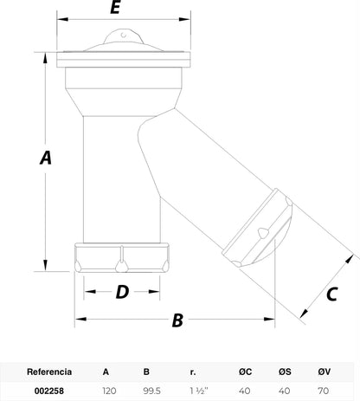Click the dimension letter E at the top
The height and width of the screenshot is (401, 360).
pos(115,7)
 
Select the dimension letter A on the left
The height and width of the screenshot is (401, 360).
pos(46,158)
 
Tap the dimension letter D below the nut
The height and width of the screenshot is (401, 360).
pos(122,292)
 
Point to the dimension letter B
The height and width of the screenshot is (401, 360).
pos(177,320)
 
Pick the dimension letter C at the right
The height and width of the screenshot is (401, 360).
pos(332,294)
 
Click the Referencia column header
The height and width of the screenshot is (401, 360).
pos(49,372)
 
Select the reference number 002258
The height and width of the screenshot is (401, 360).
pos(49,391)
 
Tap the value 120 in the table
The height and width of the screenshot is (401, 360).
pos(109,391)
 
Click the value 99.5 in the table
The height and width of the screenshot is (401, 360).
pos(151,391)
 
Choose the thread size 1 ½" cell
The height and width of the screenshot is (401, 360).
pos(199,391)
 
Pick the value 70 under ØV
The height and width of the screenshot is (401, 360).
pos(324,391)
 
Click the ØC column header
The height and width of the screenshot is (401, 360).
pos(245,372)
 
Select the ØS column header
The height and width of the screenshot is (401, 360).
pos(285,372)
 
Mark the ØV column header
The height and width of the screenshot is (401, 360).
pos(325,372)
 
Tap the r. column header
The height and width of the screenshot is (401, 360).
pos(193,372)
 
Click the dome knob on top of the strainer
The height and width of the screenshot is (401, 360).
pos(124,36)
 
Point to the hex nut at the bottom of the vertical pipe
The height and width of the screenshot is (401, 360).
pos(122,257)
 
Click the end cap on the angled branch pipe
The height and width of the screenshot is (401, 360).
pos(258,228)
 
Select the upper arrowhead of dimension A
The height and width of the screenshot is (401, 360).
pos(45,58)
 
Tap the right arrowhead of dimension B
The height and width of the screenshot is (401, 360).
pos(269,319)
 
